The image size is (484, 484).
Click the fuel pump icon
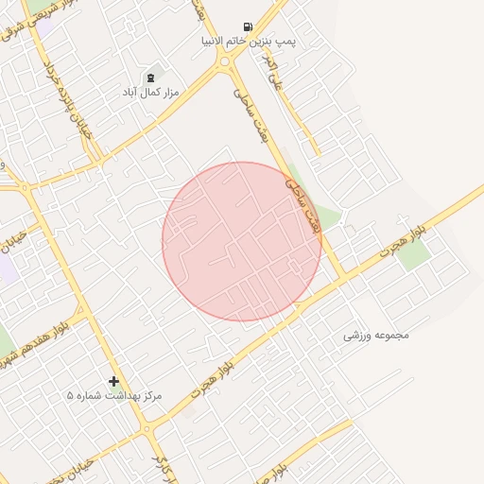248,27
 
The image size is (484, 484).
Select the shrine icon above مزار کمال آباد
150,77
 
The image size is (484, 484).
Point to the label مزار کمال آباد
149,93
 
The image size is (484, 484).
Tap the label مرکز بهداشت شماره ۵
114,395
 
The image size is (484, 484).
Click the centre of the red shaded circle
242,242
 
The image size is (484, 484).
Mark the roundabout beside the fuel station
226,63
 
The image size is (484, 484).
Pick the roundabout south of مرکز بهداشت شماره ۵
147,431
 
